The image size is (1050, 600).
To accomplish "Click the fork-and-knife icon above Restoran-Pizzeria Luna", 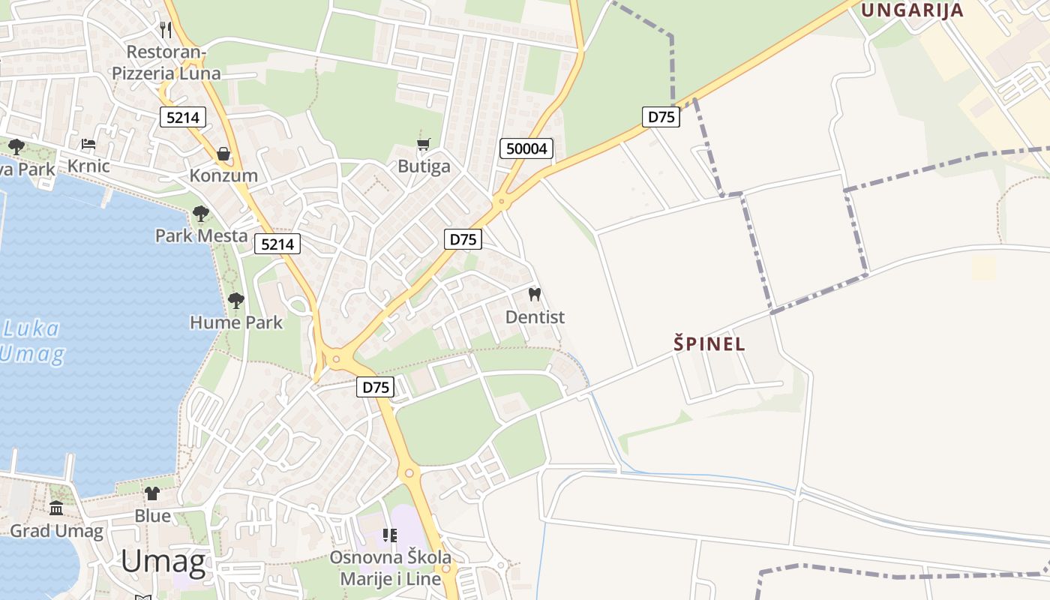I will click(x=166, y=30).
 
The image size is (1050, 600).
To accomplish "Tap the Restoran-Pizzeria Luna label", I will click(x=166, y=63).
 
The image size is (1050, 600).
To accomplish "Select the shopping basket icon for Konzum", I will click(x=223, y=154).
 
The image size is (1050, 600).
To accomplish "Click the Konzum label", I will click(x=223, y=175).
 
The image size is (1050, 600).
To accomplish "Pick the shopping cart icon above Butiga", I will click(x=424, y=144).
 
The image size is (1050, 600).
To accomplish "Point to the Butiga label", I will click(x=424, y=166).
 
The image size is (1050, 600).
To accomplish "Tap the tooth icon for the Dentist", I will click(x=535, y=294).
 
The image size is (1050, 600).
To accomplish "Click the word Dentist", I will click(x=535, y=317).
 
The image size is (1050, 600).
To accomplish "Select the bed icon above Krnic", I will click(x=88, y=143).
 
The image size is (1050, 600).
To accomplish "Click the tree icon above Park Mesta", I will click(x=200, y=214).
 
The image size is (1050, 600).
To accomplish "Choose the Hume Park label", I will click(x=236, y=322).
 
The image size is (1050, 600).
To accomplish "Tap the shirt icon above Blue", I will click(x=152, y=493).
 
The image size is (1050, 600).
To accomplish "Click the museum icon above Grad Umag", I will click(x=56, y=508).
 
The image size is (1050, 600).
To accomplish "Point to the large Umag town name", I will click(x=163, y=561).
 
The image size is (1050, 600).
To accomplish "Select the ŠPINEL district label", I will click(x=709, y=344).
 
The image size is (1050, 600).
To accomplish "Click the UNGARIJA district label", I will click(x=911, y=10).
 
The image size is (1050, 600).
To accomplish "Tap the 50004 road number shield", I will click(x=526, y=148).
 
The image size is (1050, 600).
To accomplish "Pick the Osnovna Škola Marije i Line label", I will click(x=391, y=568).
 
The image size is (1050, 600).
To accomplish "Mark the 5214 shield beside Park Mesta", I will click(x=277, y=244).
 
